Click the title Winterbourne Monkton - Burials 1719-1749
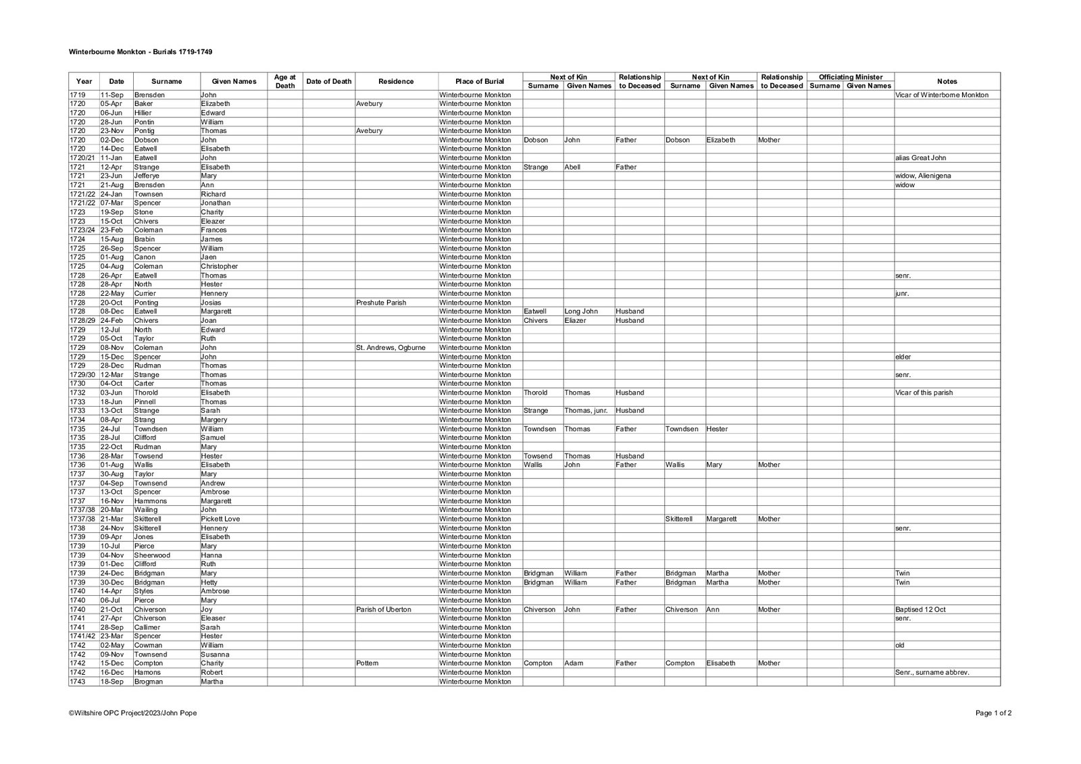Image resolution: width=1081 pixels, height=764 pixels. tap(141, 51)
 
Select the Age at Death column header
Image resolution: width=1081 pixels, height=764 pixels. tap(285, 81)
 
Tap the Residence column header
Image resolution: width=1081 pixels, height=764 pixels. tap(396, 81)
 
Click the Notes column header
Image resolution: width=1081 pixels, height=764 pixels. tap(947, 81)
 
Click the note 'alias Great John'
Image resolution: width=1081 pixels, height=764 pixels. tap(920, 158)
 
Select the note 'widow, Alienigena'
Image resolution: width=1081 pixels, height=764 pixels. tap(923, 176)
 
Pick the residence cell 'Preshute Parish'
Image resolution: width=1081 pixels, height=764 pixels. tap(381, 303)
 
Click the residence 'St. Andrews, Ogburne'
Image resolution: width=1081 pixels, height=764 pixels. tap(391, 348)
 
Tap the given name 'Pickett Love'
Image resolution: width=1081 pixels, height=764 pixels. tap(220, 519)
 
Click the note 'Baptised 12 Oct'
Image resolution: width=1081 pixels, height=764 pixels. tap(920, 609)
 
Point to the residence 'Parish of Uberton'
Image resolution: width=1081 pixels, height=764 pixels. tap(384, 609)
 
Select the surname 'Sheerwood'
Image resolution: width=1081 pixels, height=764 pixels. tap(152, 555)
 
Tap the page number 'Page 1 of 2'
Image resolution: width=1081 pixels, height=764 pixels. tap(993, 713)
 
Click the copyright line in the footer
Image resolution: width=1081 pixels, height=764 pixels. tap(133, 713)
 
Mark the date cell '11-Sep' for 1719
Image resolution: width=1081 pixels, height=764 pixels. tap(112, 95)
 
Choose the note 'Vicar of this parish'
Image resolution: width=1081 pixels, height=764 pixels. tap(924, 393)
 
